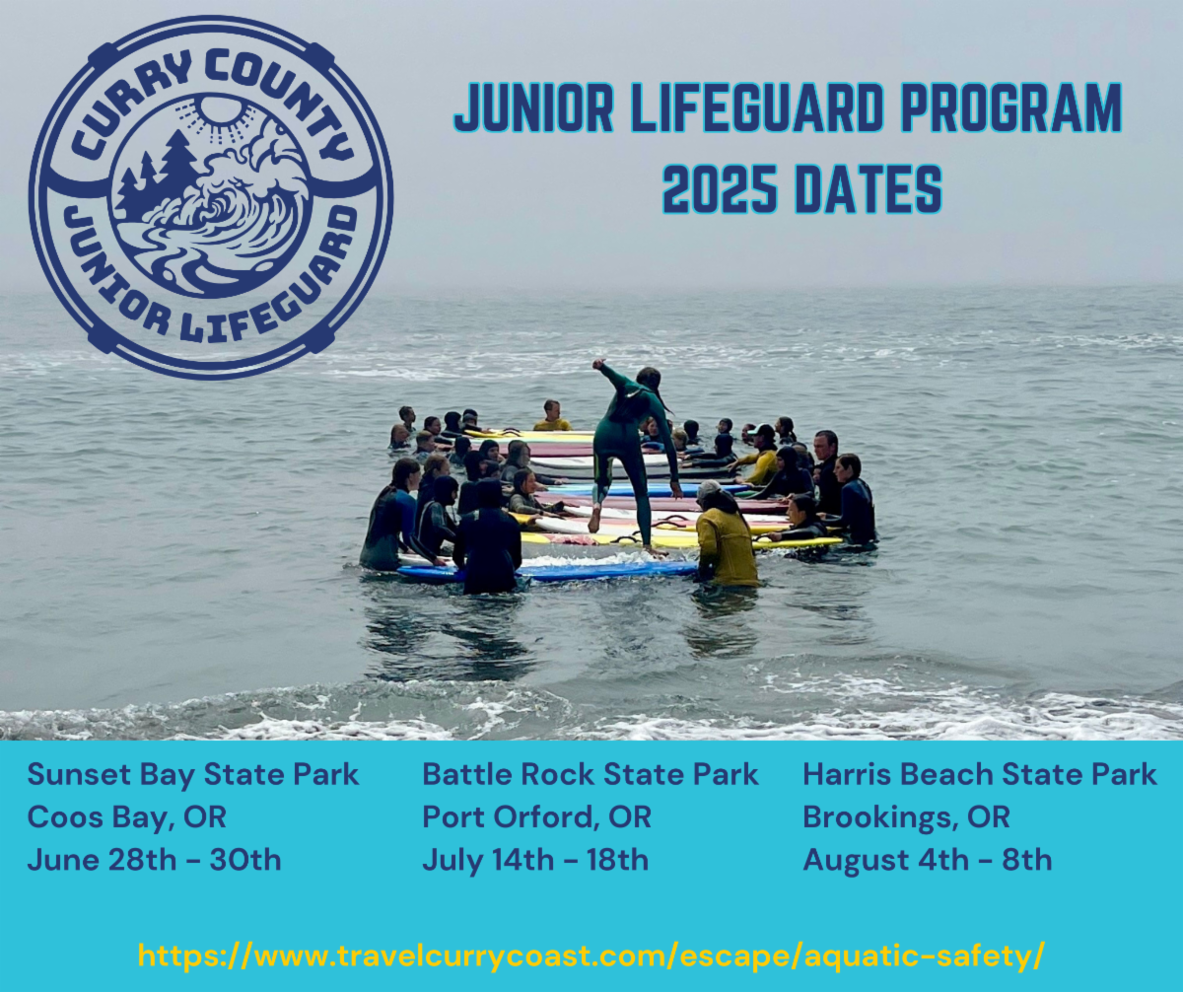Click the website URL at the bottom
click(591, 957)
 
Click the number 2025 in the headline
click(719, 188)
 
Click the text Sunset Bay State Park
click(192, 775)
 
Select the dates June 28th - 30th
click(154, 860)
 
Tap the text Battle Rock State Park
click(590, 775)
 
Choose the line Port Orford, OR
click(536, 817)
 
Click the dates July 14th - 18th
click(535, 860)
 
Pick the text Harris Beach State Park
click(980, 775)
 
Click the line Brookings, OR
click(906, 817)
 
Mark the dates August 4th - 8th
click(927, 860)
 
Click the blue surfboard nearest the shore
click(547, 570)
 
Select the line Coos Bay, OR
click(126, 817)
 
